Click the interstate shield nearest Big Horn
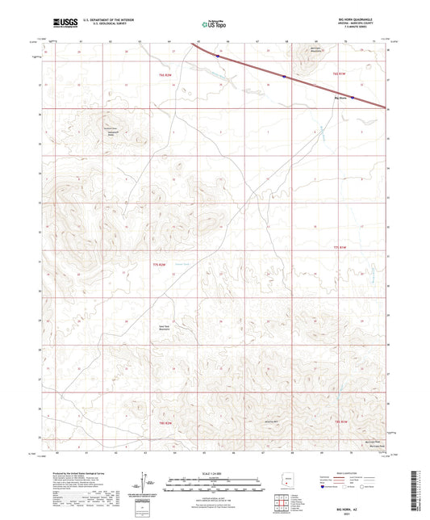(284, 78)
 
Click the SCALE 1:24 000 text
(213, 472)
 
